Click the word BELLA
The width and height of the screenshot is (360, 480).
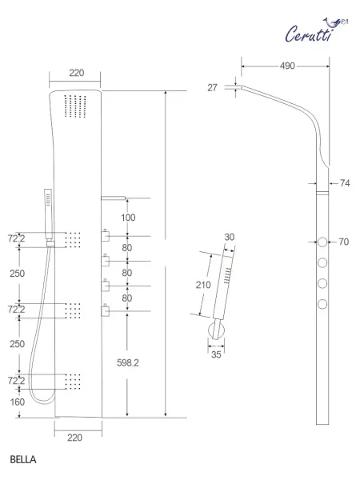click(x=24, y=461)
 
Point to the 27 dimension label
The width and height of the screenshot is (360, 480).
click(x=213, y=88)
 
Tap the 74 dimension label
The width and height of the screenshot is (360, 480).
click(x=345, y=183)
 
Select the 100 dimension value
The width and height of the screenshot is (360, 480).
click(x=129, y=218)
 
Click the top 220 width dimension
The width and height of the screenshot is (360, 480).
click(x=76, y=73)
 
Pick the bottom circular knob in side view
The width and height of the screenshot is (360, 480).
click(x=322, y=303)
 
